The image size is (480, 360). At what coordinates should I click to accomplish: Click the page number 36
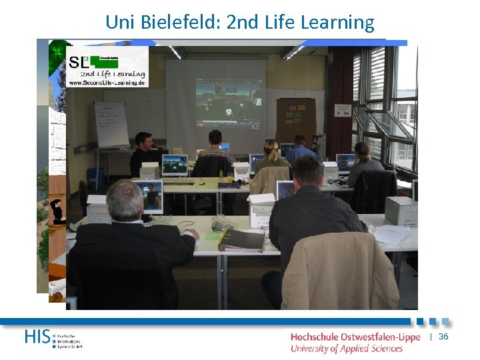[443, 337]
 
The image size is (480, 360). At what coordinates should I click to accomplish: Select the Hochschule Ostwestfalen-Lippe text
[355, 337]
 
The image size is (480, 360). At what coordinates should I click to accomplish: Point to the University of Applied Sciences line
[346, 349]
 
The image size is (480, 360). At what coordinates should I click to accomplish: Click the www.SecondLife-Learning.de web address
[107, 83]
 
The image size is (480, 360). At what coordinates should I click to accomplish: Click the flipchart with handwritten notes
[111, 125]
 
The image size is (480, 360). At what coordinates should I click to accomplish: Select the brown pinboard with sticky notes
[296, 119]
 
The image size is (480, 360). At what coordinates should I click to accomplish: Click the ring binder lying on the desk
[241, 239]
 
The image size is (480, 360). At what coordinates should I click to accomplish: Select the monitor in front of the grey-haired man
[147, 196]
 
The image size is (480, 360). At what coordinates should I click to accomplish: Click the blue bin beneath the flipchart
[96, 179]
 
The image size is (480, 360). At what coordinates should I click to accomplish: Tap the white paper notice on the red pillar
[343, 111]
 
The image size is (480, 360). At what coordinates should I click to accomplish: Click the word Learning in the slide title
[338, 23]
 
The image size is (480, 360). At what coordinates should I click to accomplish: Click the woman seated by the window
[363, 163]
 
